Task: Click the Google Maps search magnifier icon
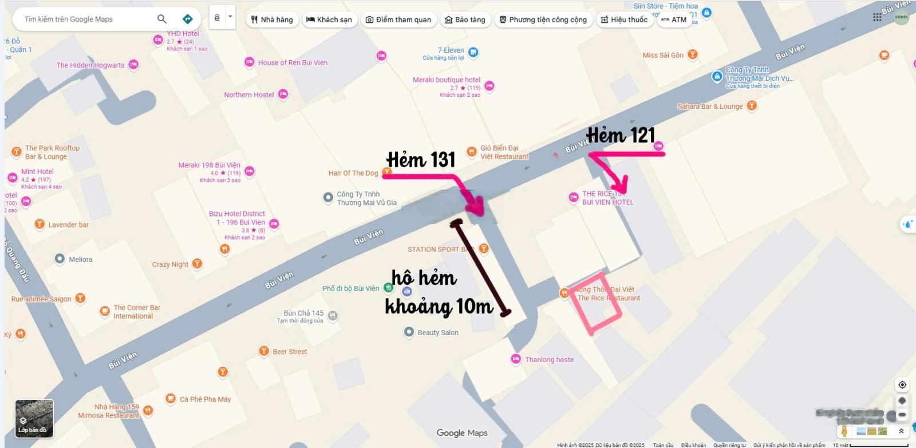coord(162,19)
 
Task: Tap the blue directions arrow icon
coord(187,19)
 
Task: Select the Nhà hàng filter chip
coord(272,19)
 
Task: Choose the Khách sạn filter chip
coord(329,19)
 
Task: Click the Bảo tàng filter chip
coord(465,19)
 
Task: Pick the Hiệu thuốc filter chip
coord(624,19)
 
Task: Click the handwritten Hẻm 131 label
coord(421,160)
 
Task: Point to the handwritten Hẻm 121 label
coord(621,135)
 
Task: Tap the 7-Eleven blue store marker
coord(473,52)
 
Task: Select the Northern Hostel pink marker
coord(283,95)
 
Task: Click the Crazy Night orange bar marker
coord(198,264)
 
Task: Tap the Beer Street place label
coord(290,352)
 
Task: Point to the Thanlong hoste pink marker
coord(515,359)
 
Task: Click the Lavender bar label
coord(68,225)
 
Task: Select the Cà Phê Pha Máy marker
coord(170,399)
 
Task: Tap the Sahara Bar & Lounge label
coord(710,106)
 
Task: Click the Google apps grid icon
coord(877,17)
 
